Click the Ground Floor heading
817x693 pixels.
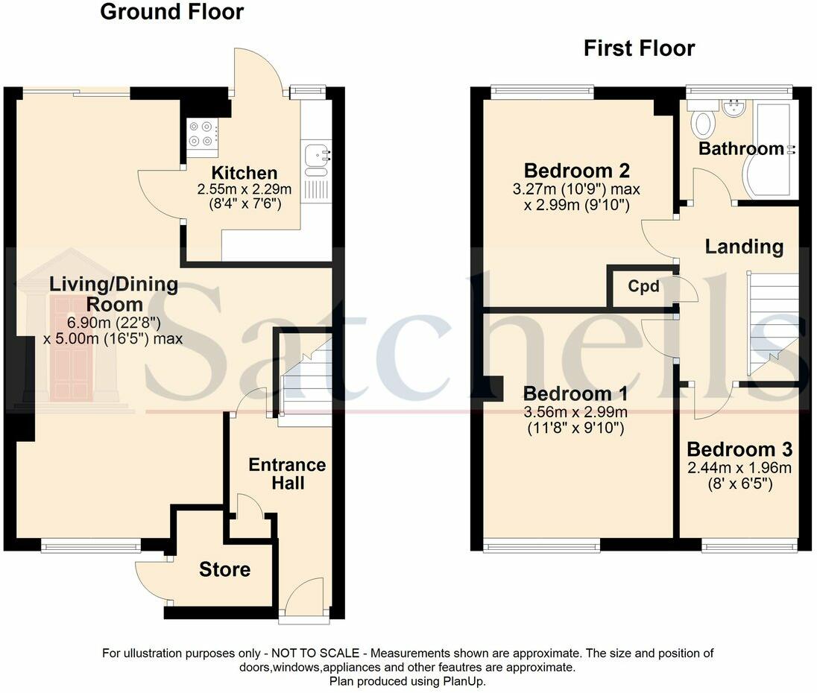tap(171, 12)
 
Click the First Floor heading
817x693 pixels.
tap(639, 48)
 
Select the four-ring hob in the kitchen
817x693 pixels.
tap(203, 134)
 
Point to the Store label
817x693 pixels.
tap(224, 570)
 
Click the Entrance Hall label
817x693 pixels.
tap(287, 474)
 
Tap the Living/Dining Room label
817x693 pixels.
tap(114, 294)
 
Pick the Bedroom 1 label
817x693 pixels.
tap(575, 393)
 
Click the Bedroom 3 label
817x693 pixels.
tap(739, 449)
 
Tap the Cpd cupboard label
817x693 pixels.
tap(643, 286)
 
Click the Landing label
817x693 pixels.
tap(744, 247)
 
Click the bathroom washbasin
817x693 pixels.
tap(734, 109)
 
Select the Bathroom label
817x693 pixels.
tap(741, 148)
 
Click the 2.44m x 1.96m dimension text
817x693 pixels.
tap(739, 468)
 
